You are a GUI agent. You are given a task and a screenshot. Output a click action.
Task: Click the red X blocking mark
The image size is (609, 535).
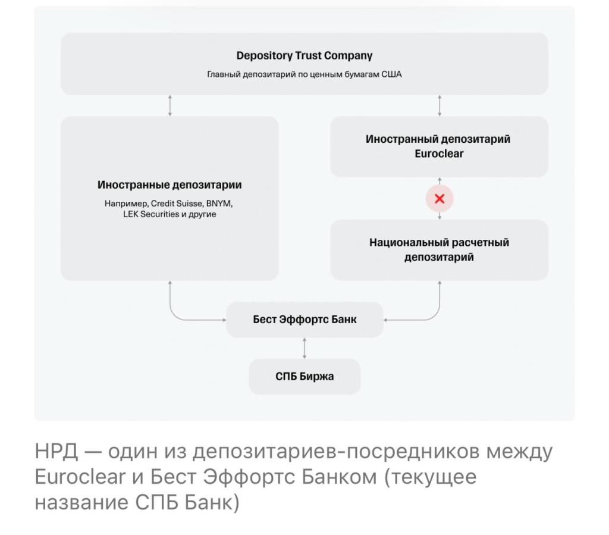coord(440,199)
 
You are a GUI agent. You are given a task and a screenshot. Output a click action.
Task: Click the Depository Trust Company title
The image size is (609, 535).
coord(304,56)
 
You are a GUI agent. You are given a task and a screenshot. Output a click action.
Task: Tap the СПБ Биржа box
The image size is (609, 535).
coord(304,377)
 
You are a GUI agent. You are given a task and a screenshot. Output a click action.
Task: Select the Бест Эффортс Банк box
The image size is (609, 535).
coord(304,320)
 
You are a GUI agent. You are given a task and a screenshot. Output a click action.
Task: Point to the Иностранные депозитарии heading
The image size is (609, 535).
coord(169,185)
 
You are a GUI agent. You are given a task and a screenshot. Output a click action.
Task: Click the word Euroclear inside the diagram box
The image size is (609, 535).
coord(439,154)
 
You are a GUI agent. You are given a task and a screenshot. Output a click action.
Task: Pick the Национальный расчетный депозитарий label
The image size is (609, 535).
coord(439,250)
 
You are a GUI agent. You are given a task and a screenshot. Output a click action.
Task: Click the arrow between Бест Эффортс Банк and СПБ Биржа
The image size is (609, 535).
coord(304,348)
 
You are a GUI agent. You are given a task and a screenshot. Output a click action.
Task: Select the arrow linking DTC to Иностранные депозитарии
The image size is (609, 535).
coord(170,105)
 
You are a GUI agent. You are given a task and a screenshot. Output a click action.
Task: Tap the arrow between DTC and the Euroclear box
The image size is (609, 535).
coord(440,105)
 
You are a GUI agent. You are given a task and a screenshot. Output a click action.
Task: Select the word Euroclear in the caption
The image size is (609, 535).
coord(80,477)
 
